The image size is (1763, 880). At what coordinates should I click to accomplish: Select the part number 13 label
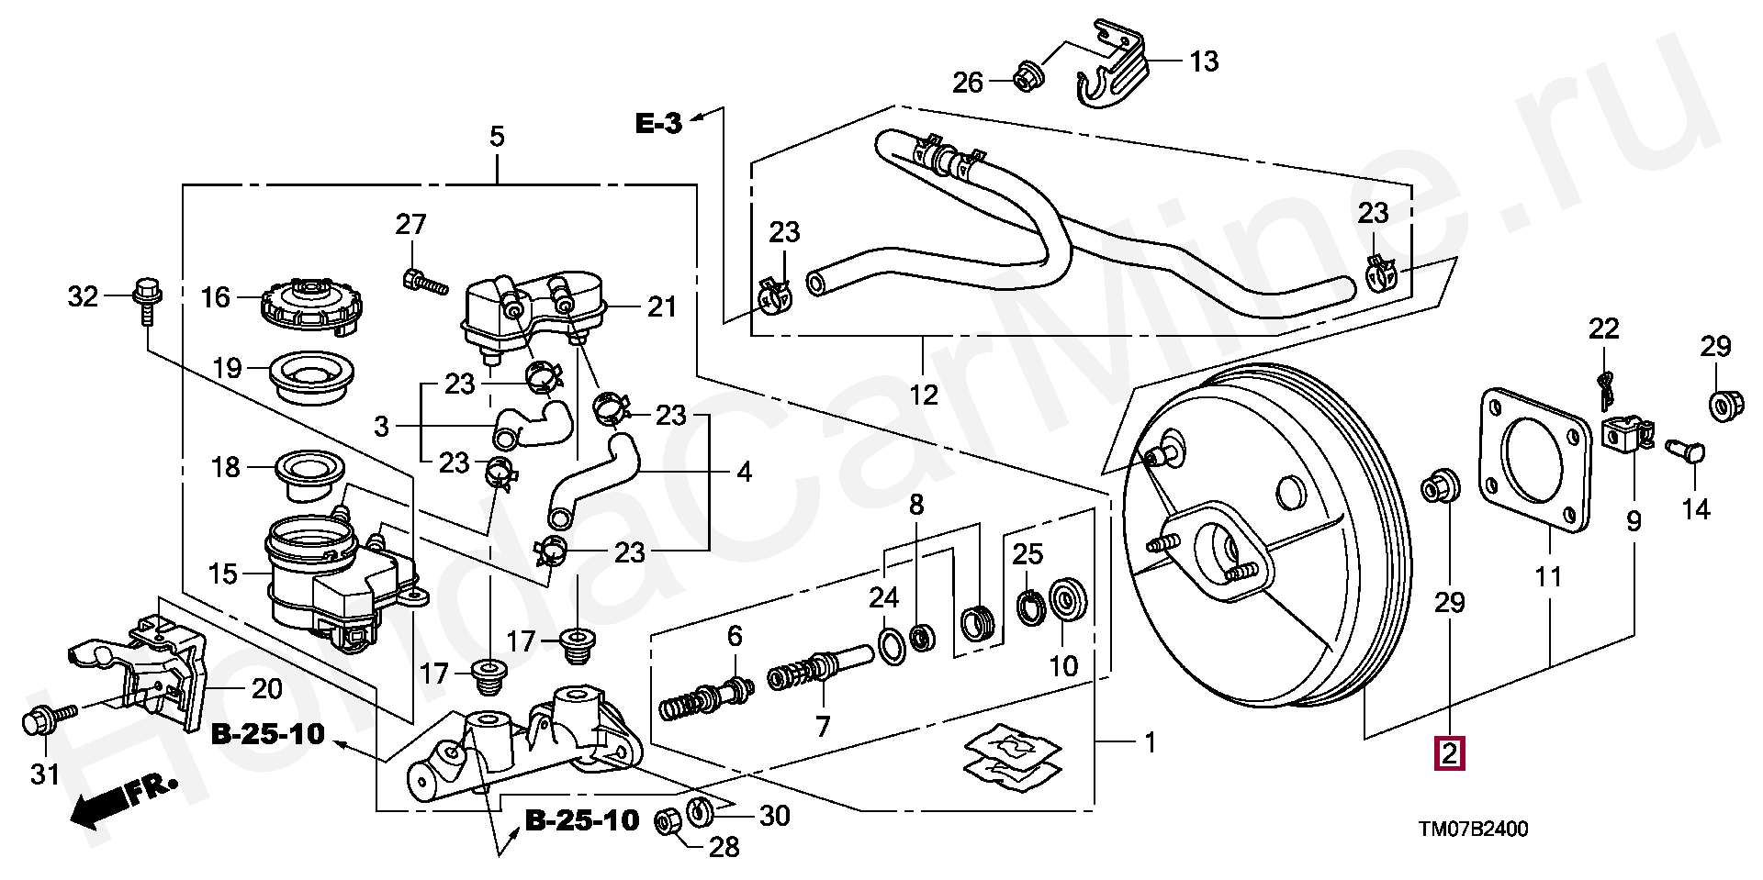1204,61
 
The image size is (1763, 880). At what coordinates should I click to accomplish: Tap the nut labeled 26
1026,77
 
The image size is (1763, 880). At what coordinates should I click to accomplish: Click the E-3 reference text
659,123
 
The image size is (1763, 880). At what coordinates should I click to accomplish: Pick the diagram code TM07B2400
1473,830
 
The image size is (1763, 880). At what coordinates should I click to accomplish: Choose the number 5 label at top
497,138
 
